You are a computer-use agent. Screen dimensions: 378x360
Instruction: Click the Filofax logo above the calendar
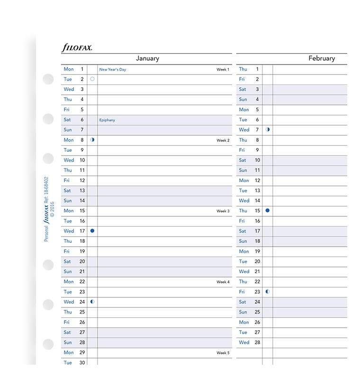(77, 47)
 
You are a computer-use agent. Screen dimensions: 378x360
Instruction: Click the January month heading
(147, 58)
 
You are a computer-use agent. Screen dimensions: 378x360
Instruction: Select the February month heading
(322, 58)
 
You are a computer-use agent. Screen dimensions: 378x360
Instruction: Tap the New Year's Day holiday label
(113, 70)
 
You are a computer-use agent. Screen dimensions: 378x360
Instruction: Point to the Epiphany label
(107, 120)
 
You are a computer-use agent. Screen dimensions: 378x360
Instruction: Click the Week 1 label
(223, 70)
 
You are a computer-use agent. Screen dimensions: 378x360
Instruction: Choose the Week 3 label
(223, 211)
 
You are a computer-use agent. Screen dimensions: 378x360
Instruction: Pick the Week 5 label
(223, 353)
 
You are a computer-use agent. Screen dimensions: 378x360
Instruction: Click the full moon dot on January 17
(92, 230)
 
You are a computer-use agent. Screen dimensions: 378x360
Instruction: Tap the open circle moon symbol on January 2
(92, 79)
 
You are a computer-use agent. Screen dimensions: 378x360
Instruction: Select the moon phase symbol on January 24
(92, 301)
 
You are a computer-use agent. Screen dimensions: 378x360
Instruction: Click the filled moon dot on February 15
(268, 210)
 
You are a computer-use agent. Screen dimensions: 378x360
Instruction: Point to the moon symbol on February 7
(268, 129)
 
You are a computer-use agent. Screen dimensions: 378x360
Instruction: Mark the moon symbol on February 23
(268, 291)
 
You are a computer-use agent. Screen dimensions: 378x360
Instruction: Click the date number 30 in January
(82, 363)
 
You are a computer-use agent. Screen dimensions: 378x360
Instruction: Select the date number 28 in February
(257, 342)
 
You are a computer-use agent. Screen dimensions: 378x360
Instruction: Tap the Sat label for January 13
(67, 190)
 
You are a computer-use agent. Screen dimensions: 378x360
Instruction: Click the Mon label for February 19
(243, 251)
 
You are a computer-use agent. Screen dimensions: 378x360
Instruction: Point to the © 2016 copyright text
(53, 209)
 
